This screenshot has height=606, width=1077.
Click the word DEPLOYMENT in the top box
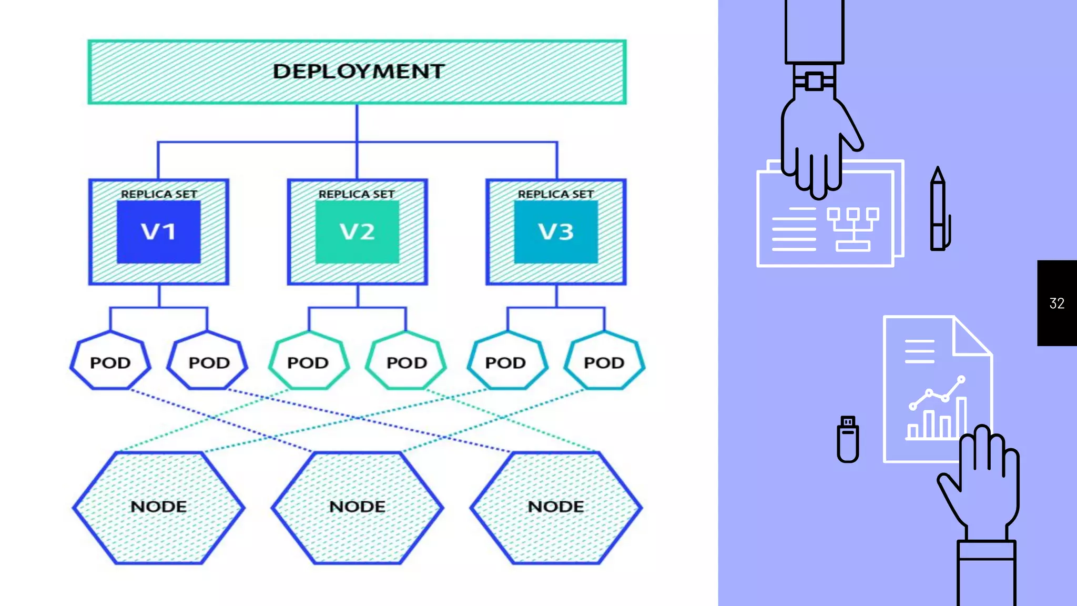tap(358, 72)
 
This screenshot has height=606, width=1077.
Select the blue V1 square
tap(158, 232)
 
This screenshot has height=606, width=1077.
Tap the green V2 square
tap(357, 232)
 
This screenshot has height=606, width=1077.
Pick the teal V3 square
tap(556, 232)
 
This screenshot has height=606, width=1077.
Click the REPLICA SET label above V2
tap(357, 194)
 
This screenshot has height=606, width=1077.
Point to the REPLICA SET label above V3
tap(556, 194)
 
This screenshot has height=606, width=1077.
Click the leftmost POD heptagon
tap(110, 362)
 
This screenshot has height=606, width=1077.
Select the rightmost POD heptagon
tap(604, 362)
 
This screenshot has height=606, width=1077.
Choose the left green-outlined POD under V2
tap(308, 362)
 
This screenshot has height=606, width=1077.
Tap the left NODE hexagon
tap(158, 507)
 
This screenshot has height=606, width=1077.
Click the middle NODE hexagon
tap(357, 507)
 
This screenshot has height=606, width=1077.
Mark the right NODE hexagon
tap(556, 507)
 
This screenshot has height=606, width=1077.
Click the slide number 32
tap(1056, 303)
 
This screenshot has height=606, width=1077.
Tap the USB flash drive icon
tap(847, 439)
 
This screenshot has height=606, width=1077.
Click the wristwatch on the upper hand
tap(814, 82)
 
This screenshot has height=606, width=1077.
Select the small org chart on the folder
tap(852, 229)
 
